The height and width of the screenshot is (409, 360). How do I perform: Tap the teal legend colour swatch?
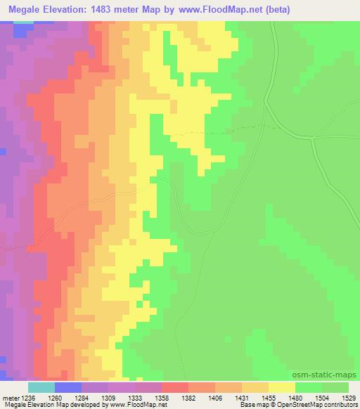pos(41,387)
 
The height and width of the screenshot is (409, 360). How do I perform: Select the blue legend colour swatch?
pos(67,387)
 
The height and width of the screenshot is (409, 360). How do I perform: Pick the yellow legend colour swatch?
pos(282,387)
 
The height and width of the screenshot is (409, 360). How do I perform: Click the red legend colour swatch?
pos(175,387)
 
